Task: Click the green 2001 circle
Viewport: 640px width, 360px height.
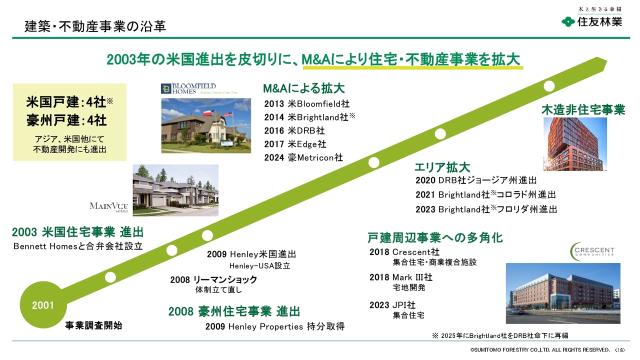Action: click(x=43, y=305)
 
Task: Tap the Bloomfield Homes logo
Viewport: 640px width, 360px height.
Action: click(x=199, y=89)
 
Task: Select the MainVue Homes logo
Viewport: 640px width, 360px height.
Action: click(x=109, y=207)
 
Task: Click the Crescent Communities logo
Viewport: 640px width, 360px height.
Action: click(x=591, y=251)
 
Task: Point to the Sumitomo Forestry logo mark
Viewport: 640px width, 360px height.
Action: click(x=568, y=21)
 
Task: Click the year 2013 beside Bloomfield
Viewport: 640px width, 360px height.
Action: click(x=274, y=103)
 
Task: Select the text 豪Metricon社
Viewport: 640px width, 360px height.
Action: click(x=315, y=157)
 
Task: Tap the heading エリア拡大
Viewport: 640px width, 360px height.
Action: click(x=442, y=167)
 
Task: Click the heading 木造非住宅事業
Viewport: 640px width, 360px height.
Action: click(x=583, y=110)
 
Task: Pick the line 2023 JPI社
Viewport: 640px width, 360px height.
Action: click(x=392, y=305)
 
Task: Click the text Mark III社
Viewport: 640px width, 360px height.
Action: click(x=412, y=277)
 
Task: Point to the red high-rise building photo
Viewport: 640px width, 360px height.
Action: click(x=575, y=144)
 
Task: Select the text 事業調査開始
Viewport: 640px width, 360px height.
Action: click(x=93, y=325)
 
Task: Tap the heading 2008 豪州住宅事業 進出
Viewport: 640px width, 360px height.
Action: click(x=234, y=311)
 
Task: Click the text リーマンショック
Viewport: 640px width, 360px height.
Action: click(x=225, y=279)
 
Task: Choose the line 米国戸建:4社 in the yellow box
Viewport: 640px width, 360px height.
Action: click(x=69, y=102)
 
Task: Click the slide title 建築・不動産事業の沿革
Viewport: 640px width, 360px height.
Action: click(x=95, y=26)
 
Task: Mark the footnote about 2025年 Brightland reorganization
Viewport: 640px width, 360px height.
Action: click(x=500, y=335)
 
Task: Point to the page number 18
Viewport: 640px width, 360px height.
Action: click(x=619, y=350)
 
